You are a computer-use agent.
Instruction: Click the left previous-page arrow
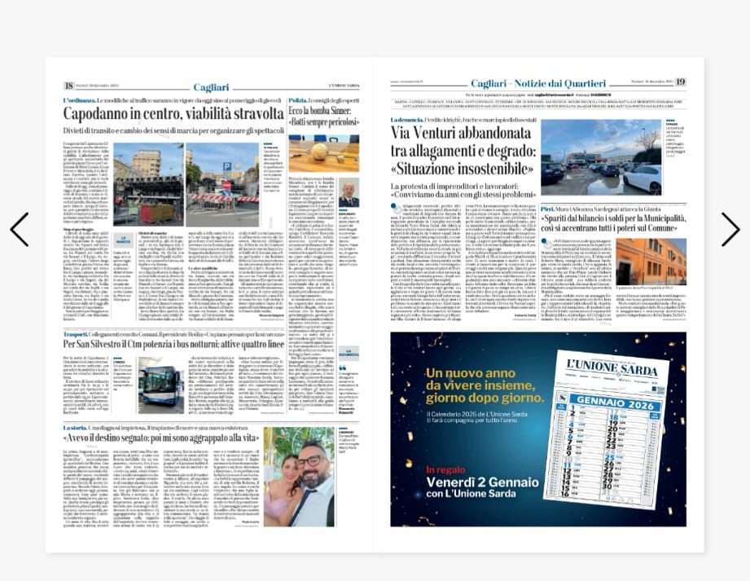20,230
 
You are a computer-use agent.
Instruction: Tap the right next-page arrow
730,230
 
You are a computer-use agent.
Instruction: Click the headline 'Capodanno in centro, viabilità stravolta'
169,115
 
